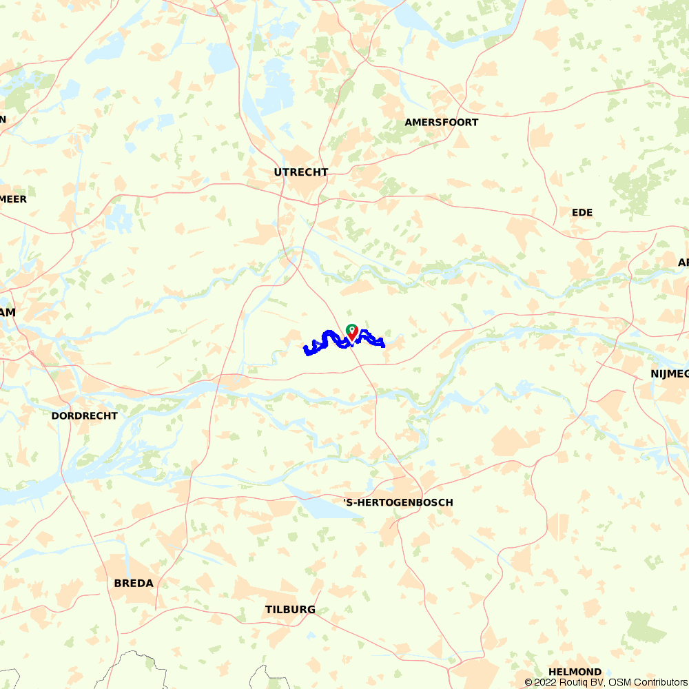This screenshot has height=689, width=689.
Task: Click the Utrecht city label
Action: pyautogui.click(x=301, y=172)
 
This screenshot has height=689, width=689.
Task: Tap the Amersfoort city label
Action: pyautogui.click(x=442, y=123)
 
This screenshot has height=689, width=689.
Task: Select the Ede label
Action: pyautogui.click(x=582, y=212)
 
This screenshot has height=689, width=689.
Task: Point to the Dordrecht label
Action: pyautogui.click(x=84, y=416)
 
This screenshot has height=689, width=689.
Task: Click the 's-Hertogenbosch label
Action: pyautogui.click(x=398, y=503)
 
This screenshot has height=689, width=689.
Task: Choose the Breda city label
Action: pyautogui.click(x=134, y=584)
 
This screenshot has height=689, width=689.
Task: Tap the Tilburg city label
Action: pyautogui.click(x=290, y=610)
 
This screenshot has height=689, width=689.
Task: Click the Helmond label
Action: pyautogui.click(x=575, y=672)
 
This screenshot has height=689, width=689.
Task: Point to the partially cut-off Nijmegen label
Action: pyautogui.click(x=669, y=375)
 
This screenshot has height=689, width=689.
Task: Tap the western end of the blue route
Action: pyautogui.click(x=306, y=351)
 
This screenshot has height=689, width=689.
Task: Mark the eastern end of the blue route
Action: pyautogui.click(x=383, y=344)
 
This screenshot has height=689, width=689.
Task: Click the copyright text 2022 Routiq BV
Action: pyautogui.click(x=565, y=682)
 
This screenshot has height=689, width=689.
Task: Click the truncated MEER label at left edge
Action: pyautogui.click(x=13, y=200)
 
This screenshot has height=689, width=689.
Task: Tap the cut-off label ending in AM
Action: pyautogui.click(x=8, y=313)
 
